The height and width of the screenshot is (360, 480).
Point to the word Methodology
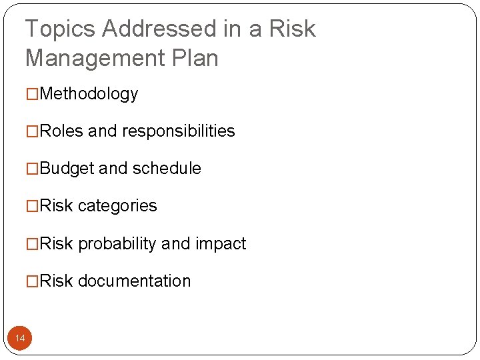[89, 94]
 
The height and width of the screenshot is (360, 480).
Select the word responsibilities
[178, 131]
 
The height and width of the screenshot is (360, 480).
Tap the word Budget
[67, 169]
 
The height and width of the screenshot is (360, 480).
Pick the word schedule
[167, 169]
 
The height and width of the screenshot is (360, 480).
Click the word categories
[117, 206]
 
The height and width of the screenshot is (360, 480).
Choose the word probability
[117, 244]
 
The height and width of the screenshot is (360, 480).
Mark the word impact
[221, 244]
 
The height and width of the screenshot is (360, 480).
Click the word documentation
[134, 281]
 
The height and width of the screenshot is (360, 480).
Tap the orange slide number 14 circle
[20, 339]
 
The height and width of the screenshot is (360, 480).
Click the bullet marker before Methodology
[32, 95]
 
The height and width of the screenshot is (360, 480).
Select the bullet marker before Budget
[32, 169]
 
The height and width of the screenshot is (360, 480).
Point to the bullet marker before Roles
[32, 132]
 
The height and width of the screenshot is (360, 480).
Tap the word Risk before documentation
[56, 281]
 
